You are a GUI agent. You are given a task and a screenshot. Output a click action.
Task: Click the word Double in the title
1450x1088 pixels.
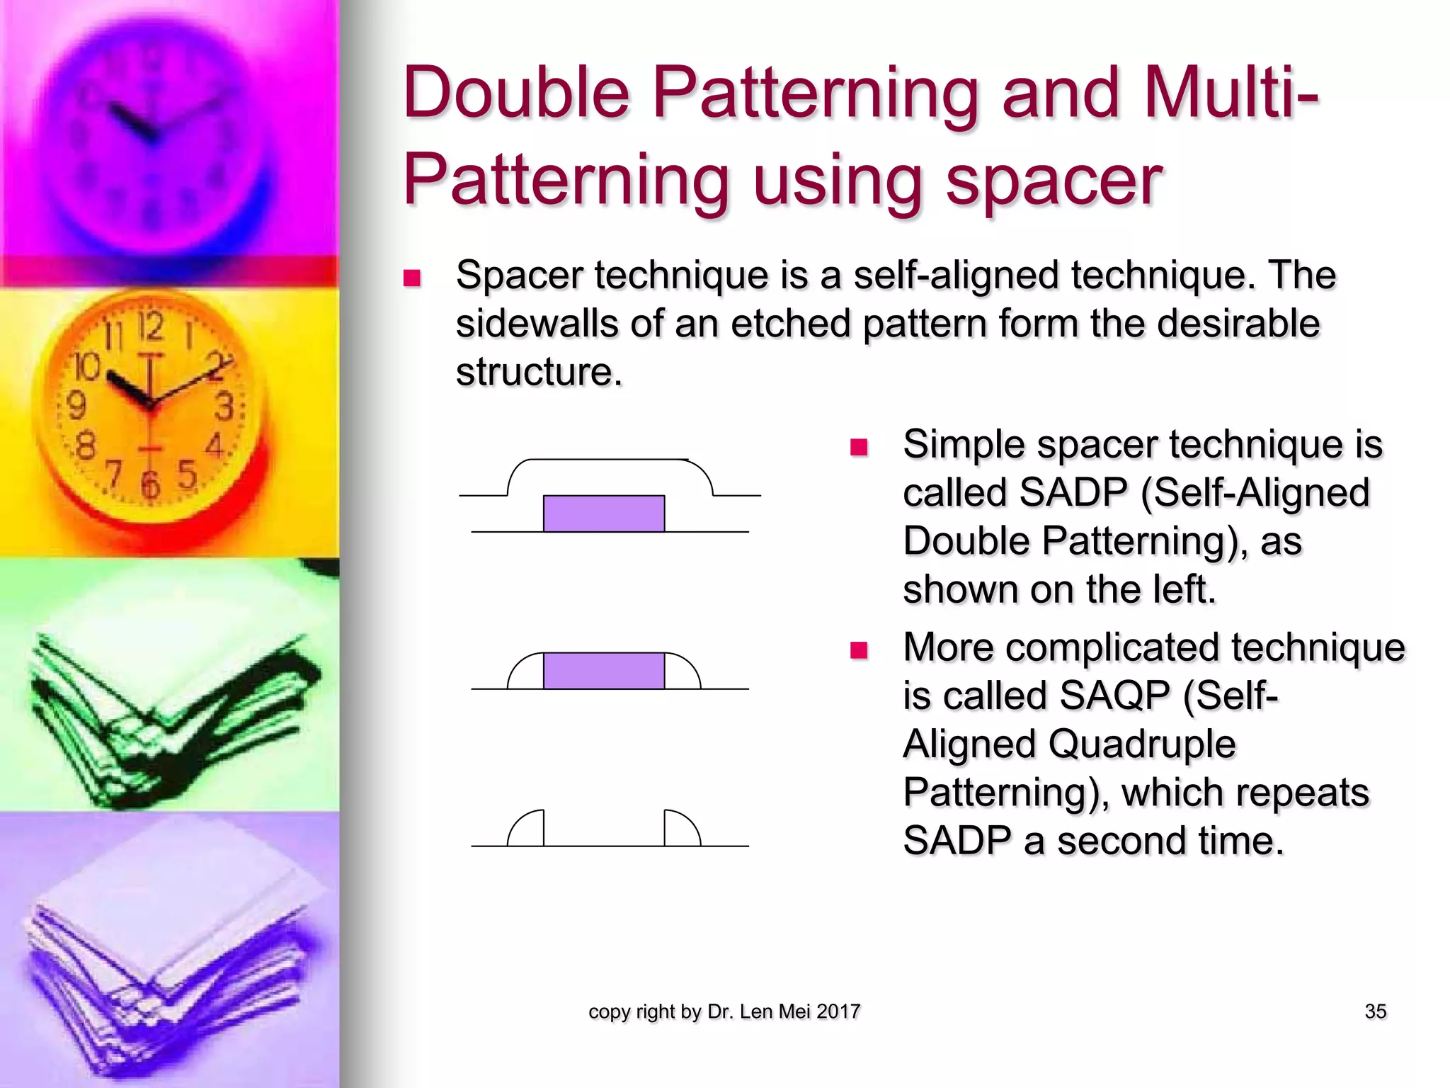pyautogui.click(x=516, y=93)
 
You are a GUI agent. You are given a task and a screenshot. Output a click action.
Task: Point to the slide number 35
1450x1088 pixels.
pyautogui.click(x=1375, y=1011)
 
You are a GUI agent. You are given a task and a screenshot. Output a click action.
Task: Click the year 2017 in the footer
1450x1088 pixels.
pyautogui.click(x=838, y=1011)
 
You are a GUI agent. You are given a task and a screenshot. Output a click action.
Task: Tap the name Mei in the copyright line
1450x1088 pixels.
pyautogui.click(x=794, y=1011)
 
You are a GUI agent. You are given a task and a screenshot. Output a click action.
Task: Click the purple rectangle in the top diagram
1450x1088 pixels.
pyautogui.click(x=603, y=514)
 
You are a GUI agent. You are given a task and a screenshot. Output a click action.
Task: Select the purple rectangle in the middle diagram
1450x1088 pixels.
pyautogui.click(x=603, y=670)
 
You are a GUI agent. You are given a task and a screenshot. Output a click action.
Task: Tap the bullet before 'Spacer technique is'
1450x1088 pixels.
pyautogui.click(x=412, y=277)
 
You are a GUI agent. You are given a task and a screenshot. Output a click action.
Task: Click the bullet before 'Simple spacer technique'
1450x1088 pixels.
pyautogui.click(x=859, y=447)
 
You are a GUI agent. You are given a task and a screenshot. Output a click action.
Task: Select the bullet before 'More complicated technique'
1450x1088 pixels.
pyautogui.click(x=859, y=650)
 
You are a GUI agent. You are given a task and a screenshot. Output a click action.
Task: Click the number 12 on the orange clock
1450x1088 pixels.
pyautogui.click(x=151, y=327)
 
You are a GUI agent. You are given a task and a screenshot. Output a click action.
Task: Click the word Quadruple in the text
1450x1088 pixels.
pyautogui.click(x=1141, y=744)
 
